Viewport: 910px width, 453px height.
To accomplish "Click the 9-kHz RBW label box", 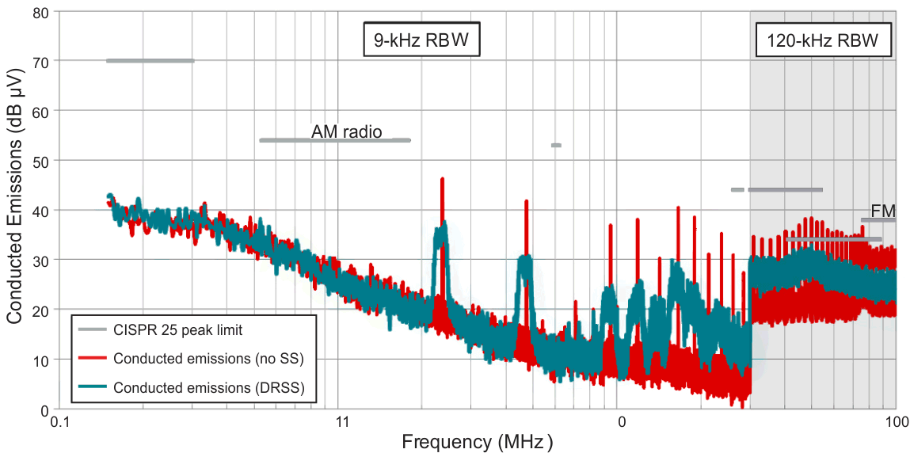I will click(x=422, y=41).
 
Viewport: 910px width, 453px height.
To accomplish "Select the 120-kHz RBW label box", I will click(x=823, y=41).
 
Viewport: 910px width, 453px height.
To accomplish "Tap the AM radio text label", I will click(x=346, y=131).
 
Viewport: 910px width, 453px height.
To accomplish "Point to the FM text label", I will click(x=882, y=211).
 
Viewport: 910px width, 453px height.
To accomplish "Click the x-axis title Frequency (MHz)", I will click(x=477, y=441).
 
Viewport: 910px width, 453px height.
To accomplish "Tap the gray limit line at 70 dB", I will click(x=150, y=61).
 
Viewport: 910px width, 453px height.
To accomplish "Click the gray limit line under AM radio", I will click(x=335, y=140).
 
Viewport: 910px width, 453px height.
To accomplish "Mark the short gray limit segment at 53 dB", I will click(x=556, y=145).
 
